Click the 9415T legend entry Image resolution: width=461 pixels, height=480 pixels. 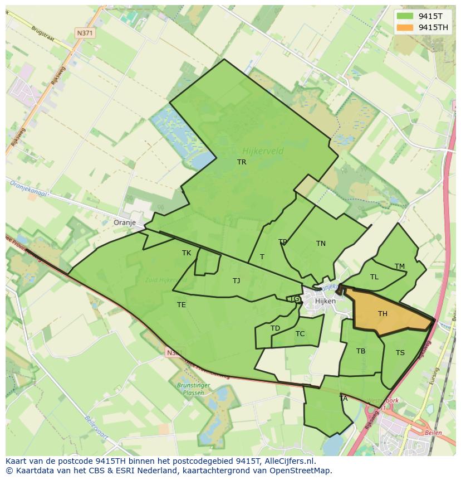430,16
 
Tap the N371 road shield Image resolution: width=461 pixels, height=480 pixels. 85,33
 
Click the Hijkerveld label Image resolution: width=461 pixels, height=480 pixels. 263,151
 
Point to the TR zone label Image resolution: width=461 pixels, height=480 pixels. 242,162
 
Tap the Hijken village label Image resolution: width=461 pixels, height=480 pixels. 325,301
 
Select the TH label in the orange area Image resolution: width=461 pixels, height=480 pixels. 382,314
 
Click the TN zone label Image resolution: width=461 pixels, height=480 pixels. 321,244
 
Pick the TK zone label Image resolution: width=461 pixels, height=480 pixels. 187,253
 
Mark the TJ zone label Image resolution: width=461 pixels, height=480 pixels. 236,281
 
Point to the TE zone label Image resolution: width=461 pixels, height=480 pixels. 182,305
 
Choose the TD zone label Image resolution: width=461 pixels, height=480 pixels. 275,328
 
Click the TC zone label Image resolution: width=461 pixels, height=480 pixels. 300,334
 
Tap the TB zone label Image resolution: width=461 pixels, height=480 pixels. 361,351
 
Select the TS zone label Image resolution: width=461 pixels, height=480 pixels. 400,353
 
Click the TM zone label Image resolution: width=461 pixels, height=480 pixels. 400,266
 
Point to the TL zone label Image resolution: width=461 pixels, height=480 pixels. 374,277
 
